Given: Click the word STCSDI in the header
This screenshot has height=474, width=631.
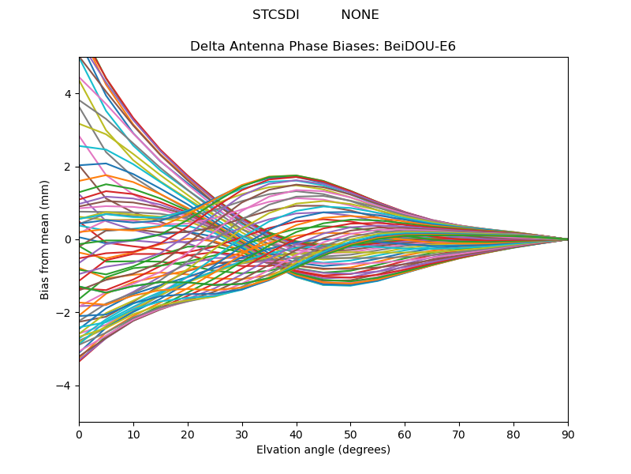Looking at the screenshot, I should (275, 15).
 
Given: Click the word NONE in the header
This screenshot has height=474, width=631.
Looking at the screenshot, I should (360, 15).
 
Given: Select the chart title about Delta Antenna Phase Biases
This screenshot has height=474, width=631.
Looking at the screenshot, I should (323, 47).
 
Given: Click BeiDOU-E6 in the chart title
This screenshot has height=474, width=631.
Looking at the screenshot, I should (420, 47).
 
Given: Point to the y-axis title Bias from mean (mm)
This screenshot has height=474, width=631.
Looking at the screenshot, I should (46, 239).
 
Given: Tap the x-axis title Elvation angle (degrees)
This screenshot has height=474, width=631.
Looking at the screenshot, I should (323, 450).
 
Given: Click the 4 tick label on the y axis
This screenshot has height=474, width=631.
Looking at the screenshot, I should (68, 94).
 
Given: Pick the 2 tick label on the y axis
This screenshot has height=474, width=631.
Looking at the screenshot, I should (68, 167).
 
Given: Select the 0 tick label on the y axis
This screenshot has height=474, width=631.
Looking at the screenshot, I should (68, 239).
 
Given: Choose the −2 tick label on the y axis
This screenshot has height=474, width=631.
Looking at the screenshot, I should (65, 313).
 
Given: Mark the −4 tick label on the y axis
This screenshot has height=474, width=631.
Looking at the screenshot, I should (65, 386).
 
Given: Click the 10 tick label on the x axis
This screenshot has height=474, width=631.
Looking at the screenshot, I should (133, 434).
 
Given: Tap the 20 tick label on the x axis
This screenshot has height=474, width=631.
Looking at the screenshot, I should (188, 434).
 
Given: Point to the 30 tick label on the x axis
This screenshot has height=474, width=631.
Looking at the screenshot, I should (242, 434).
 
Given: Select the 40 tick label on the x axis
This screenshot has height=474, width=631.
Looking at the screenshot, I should (297, 434).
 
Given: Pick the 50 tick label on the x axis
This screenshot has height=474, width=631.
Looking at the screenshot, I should (350, 434).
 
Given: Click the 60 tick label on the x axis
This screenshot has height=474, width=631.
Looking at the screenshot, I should (405, 434).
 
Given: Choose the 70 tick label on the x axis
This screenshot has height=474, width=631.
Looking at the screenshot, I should (459, 434).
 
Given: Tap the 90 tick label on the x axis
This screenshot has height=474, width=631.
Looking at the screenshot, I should (568, 434).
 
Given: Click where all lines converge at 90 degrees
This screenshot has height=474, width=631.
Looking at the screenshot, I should (567, 239).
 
